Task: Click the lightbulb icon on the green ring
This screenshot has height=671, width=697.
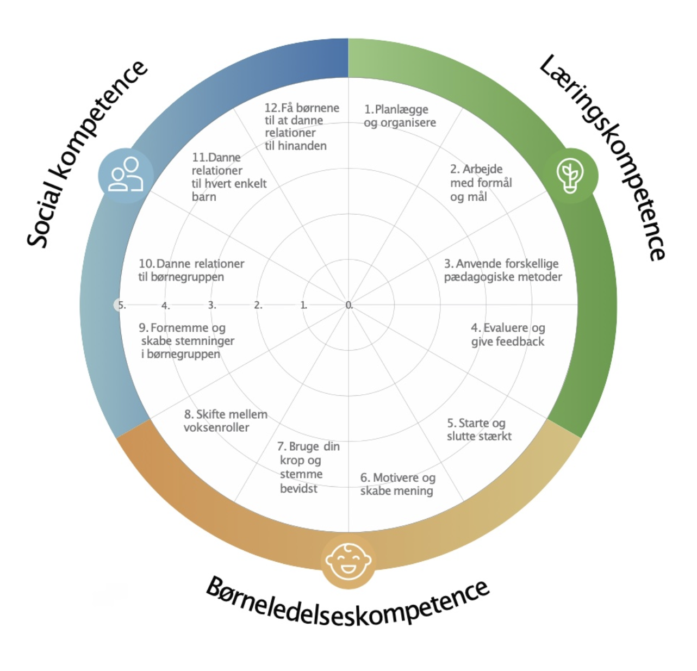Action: tap(570, 176)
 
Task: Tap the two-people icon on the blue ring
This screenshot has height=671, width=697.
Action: tap(126, 175)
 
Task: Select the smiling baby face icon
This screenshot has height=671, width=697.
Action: tap(348, 562)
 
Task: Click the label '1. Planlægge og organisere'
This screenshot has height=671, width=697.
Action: tap(400, 116)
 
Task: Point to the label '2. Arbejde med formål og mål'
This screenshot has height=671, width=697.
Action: tap(481, 183)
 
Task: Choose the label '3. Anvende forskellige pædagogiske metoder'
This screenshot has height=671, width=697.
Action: tap(503, 270)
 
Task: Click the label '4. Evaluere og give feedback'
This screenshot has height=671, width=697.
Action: tap(508, 334)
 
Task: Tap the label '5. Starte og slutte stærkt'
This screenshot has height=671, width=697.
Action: tap(479, 430)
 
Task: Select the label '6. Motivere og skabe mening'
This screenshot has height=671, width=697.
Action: tap(397, 484)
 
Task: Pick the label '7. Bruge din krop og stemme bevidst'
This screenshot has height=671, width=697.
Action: tap(308, 467)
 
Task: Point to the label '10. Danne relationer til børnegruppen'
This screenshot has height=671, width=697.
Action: tap(191, 270)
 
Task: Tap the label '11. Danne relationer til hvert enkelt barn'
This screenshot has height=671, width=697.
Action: tap(228, 177)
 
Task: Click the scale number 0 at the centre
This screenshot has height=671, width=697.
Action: tap(349, 305)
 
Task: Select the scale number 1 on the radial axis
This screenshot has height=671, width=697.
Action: tap(303, 305)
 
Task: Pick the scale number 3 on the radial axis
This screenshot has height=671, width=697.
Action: tap(211, 305)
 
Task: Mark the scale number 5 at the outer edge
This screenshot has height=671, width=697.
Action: tap(121, 305)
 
